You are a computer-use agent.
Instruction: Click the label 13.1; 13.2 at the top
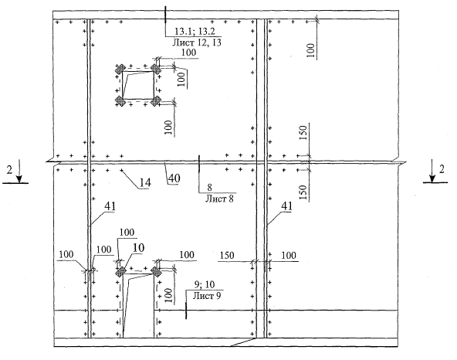(195, 31)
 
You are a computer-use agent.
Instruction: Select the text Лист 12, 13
(197, 42)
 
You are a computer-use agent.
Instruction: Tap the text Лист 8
(219, 199)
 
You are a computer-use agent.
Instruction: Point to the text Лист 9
(207, 296)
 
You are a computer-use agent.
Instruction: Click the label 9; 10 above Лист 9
(205, 284)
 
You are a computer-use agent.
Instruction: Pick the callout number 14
(145, 182)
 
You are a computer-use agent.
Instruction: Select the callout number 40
(174, 178)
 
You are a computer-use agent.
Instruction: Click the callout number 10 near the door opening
(138, 248)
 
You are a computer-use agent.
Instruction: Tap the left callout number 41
(110, 206)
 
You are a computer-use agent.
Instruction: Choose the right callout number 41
(286, 206)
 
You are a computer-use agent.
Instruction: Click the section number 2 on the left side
(9, 170)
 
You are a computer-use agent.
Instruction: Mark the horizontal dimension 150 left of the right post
(227, 255)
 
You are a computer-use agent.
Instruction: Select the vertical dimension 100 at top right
(311, 50)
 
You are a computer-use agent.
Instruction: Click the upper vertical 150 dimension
(303, 133)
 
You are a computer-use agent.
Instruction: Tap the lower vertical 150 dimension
(303, 192)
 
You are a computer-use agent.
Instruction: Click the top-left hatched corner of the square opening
(120, 69)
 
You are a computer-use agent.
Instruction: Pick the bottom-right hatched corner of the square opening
(156, 101)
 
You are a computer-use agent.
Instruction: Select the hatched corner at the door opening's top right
(156, 273)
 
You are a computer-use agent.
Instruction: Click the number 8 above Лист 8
(209, 188)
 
